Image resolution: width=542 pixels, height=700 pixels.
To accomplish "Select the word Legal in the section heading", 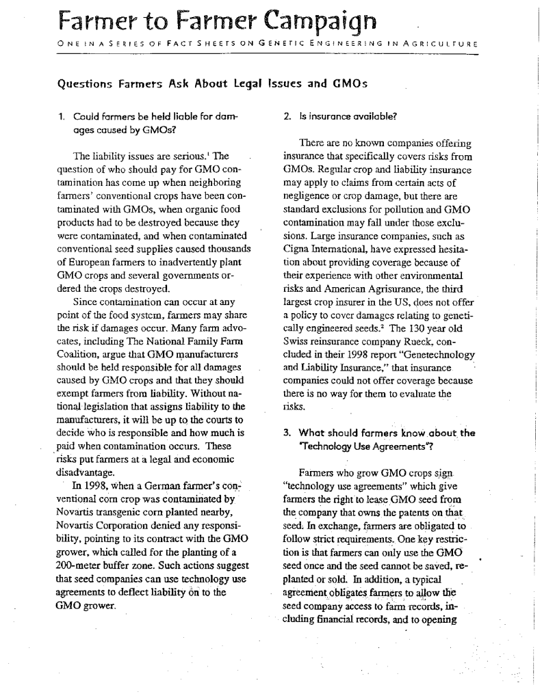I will pos(237,85).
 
